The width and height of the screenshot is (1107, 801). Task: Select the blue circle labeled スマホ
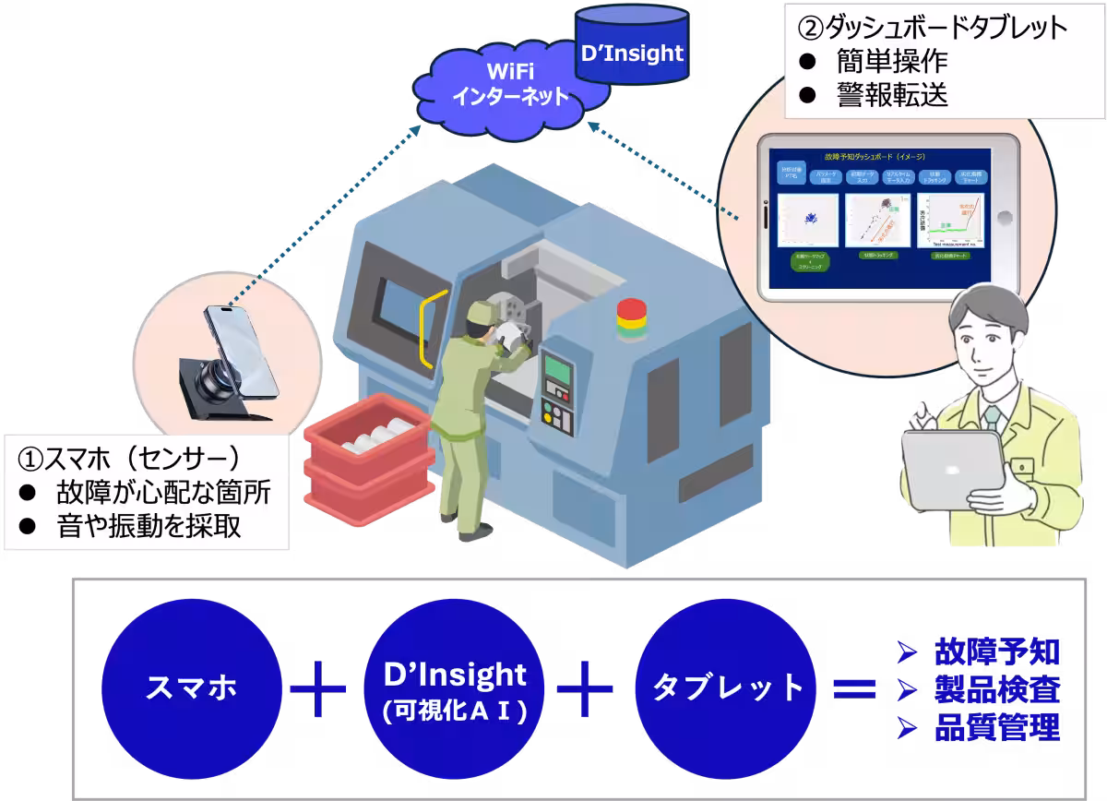[191, 687]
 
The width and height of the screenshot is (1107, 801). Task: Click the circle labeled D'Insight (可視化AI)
[454, 688]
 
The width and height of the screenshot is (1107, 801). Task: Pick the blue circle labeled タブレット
[715, 687]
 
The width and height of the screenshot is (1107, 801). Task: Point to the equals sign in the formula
[853, 688]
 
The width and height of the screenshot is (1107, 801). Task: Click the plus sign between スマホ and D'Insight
[318, 688]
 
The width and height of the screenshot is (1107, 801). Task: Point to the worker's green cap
[479, 314]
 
